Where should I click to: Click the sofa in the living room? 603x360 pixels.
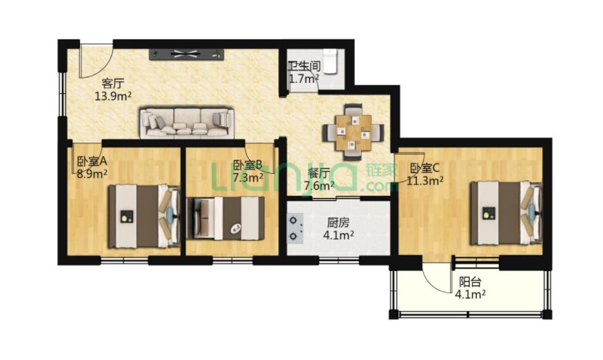point(187,123)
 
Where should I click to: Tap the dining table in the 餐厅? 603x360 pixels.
point(353,132)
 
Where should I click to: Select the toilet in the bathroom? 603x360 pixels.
point(330,61)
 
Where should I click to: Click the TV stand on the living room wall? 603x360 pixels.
point(187,54)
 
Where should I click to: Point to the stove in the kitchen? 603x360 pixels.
point(295,228)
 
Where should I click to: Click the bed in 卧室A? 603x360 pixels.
point(144,217)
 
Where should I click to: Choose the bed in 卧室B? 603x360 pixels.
point(225,218)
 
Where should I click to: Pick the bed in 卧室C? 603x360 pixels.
point(507,212)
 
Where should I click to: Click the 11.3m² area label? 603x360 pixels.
point(425,180)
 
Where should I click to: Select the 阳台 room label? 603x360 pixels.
point(470,282)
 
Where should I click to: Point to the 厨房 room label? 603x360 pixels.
point(338,223)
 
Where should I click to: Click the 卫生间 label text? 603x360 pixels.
point(305,66)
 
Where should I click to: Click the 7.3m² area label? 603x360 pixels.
point(248,177)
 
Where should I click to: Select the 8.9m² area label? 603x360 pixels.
point(92,173)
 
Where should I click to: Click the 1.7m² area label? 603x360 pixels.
point(304,79)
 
